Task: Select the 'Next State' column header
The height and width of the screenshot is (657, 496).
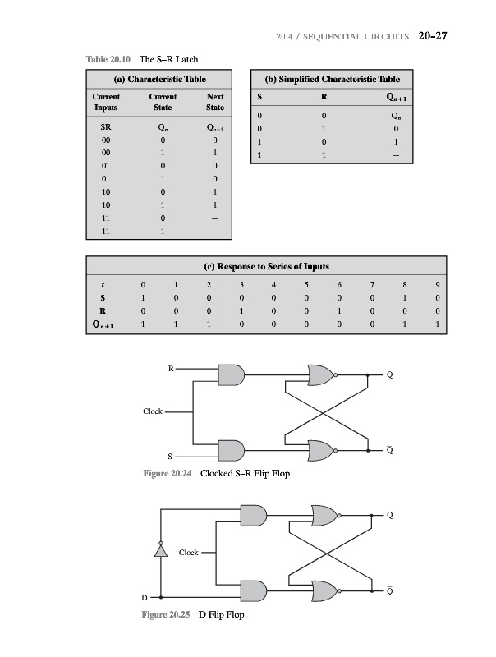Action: pos(215,102)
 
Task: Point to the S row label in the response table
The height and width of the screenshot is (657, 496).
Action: pos(103,297)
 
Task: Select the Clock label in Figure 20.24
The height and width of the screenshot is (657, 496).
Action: pos(153,411)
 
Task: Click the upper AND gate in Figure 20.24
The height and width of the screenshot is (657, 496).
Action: pos(232,374)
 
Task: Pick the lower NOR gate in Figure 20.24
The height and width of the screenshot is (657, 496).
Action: pos(320,449)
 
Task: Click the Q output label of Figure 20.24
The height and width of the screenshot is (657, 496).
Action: pos(390,376)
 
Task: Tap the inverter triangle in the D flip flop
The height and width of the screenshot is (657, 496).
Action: pos(162,549)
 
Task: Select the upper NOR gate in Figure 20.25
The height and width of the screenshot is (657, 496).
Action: pos(320,515)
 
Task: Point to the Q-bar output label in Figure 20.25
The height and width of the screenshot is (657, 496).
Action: pos(390,590)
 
